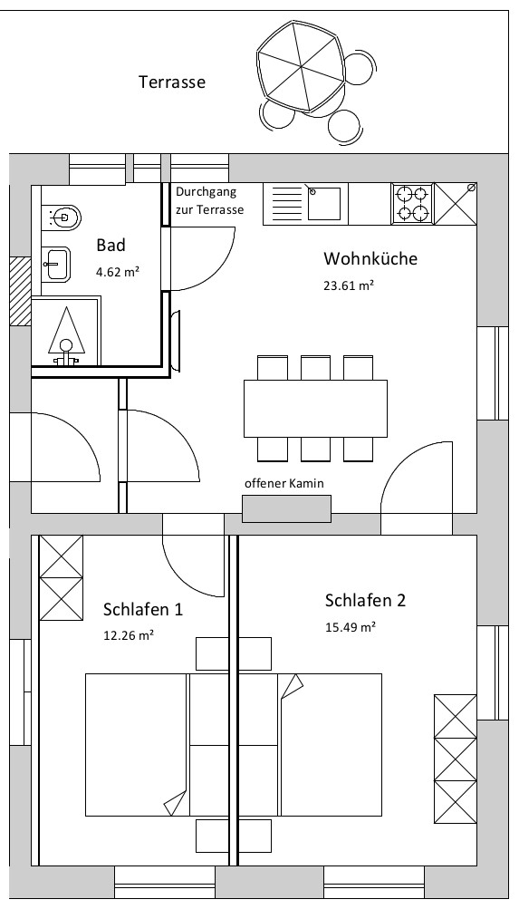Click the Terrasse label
click(172, 82)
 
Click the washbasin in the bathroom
click(56, 264)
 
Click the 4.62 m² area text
click(118, 271)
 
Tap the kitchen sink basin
click(323, 204)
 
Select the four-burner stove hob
click(412, 204)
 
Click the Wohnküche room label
click(370, 258)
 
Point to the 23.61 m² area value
click(349, 285)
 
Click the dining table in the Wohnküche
click(316, 408)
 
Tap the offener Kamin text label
click(284, 483)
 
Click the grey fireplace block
click(287, 508)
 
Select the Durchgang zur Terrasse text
click(210, 200)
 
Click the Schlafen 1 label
click(143, 609)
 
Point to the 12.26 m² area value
click(129, 634)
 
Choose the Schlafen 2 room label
click(366, 600)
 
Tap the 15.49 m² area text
click(351, 626)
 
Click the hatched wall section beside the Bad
click(20, 292)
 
